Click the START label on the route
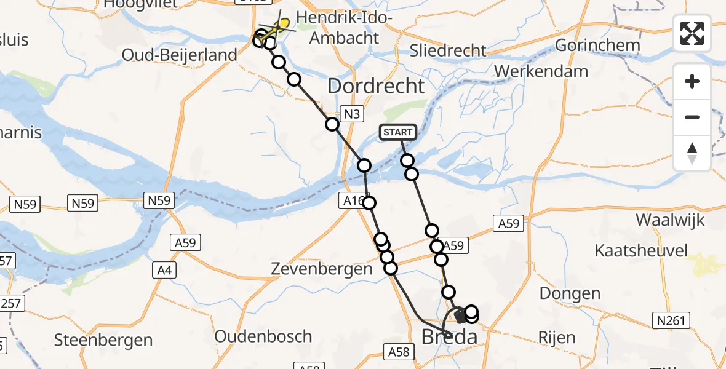coord(398,132)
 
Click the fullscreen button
coord(692,33)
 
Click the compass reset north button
coord(692,153)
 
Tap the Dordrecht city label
coord(376,86)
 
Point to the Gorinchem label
coord(597,45)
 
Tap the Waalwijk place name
coord(671,220)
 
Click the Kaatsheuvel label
coord(640,250)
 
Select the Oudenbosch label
coord(263,336)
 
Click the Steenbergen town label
coord(103,339)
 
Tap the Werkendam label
coord(541,71)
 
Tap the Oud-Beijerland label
coord(180,55)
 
